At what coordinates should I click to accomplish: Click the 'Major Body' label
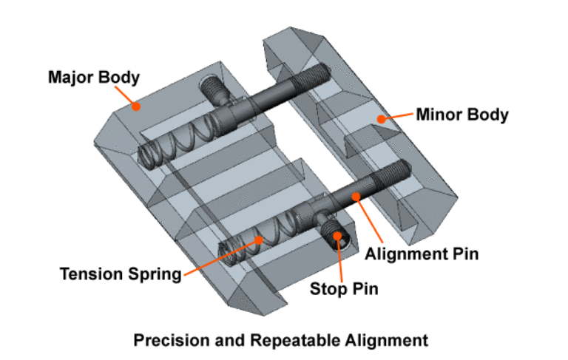click(83, 77)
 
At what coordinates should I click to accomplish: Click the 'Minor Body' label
click(462, 115)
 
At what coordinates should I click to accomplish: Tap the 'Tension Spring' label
click(121, 274)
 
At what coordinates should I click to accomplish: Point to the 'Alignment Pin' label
click(422, 254)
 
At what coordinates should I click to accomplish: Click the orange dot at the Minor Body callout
click(382, 118)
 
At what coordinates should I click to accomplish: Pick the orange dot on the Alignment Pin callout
click(356, 196)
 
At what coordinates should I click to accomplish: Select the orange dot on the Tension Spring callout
click(259, 240)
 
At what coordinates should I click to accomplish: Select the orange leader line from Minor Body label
click(398, 117)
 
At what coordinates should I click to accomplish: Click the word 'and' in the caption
click(224, 341)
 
